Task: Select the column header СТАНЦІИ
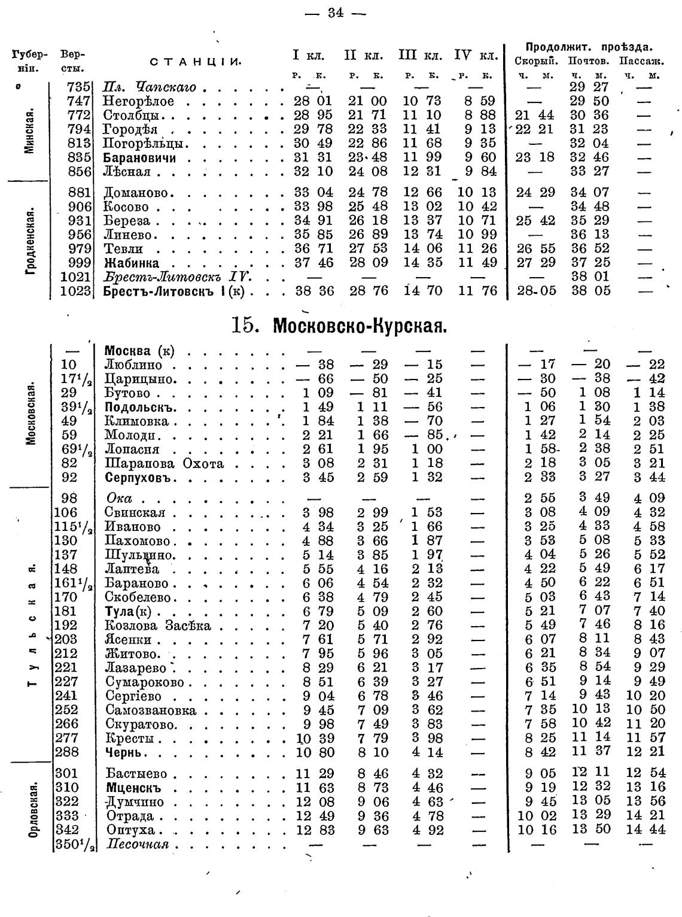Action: click(x=195, y=62)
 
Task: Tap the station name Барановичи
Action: click(x=139, y=158)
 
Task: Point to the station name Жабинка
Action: click(x=132, y=263)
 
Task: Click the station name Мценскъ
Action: click(x=133, y=788)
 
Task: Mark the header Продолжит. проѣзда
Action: click(x=589, y=47)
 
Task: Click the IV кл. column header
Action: click(x=476, y=56)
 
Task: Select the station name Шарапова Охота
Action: click(x=165, y=463)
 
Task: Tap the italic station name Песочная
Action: click(x=136, y=845)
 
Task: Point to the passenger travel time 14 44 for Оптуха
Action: click(x=649, y=830)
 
